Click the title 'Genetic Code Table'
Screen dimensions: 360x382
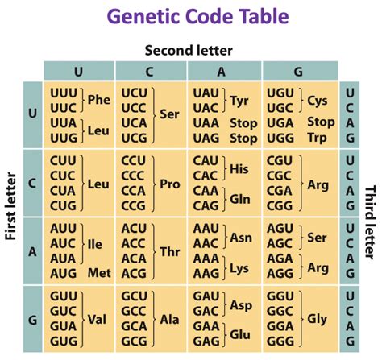[x=191, y=17]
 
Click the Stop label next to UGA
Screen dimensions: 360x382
[x=321, y=122]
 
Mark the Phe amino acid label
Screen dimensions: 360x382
[x=98, y=101]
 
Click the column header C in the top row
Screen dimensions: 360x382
[x=151, y=70]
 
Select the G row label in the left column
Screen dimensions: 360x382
[x=32, y=320]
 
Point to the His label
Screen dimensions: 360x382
[x=239, y=168]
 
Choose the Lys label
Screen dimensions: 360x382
[x=239, y=267]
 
